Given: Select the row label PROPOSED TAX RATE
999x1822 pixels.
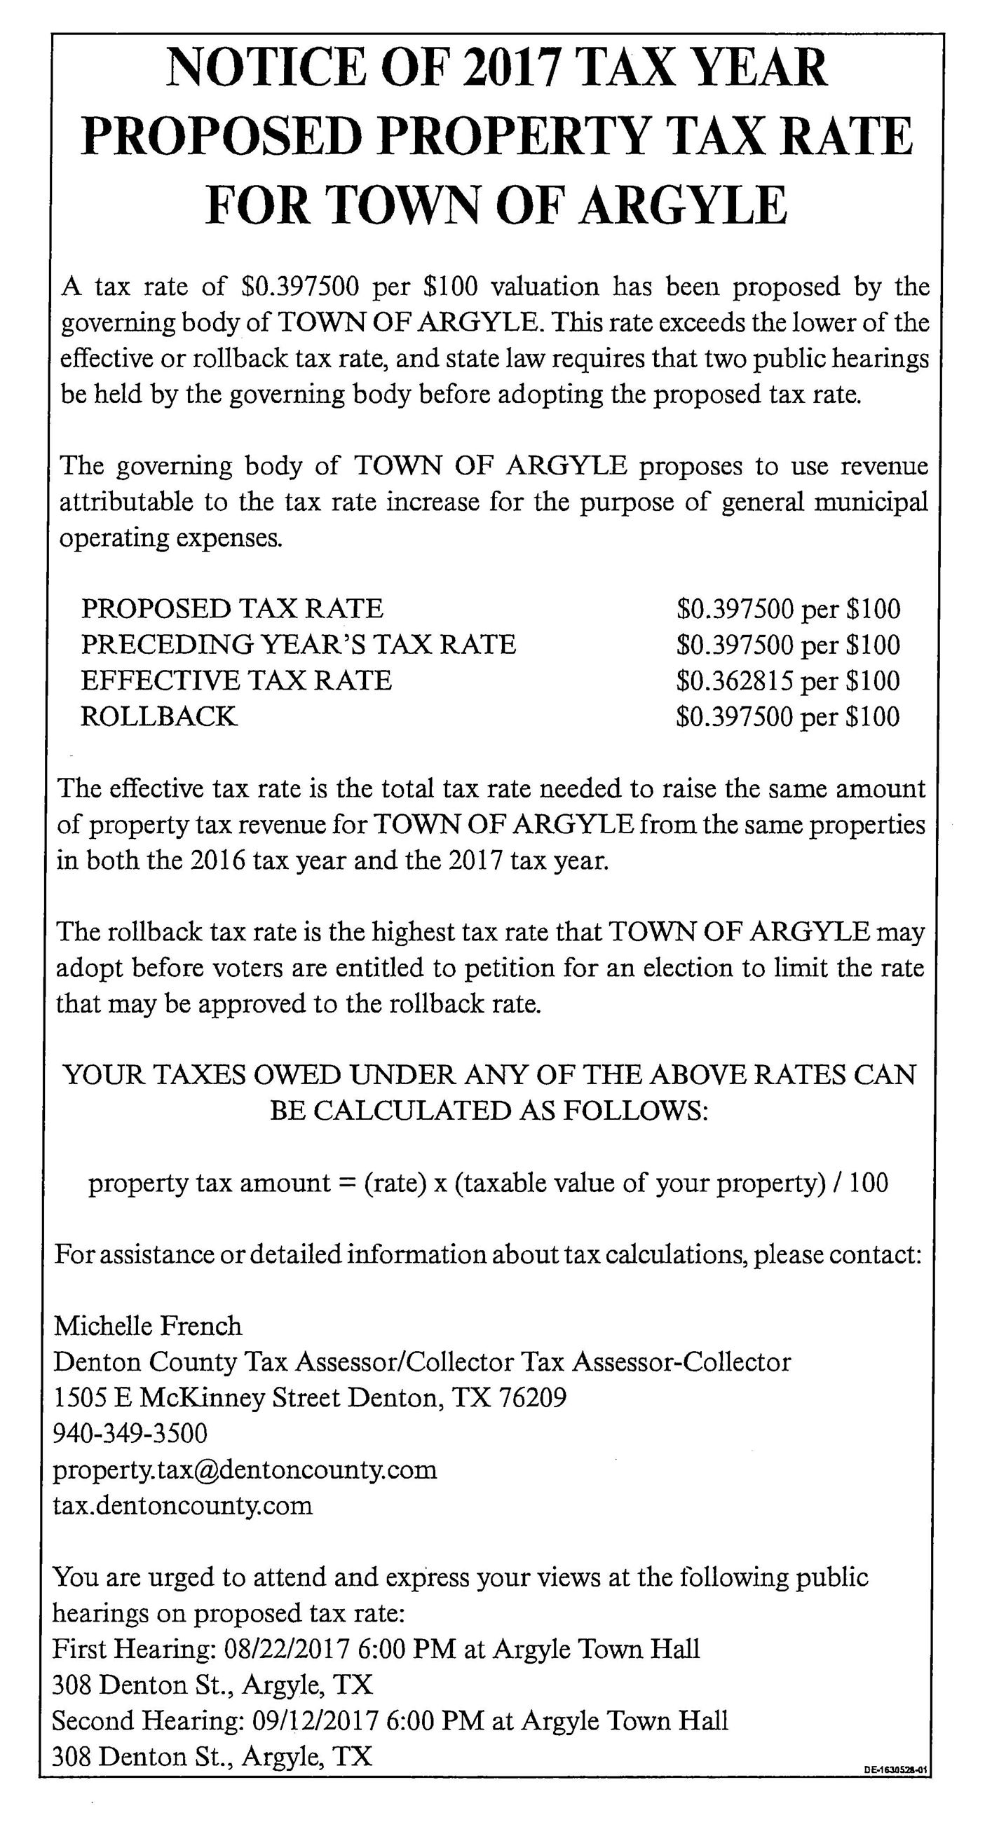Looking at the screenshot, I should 232,608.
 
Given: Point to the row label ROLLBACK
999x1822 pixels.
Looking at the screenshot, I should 158,716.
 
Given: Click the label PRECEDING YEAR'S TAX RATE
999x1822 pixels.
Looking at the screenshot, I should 298,644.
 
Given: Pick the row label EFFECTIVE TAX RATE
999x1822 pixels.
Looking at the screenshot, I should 236,680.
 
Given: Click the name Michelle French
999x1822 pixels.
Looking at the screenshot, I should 148,1325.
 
